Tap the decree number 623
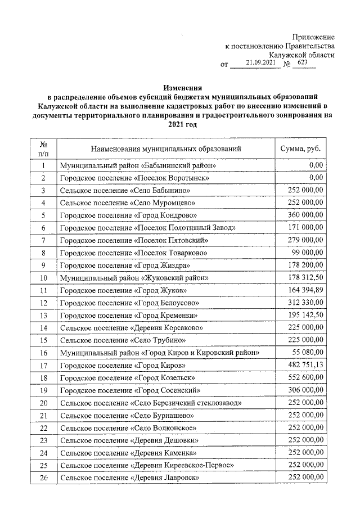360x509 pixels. coord(303,64)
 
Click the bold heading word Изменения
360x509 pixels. coord(183,88)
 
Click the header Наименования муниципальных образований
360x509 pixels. coord(168,149)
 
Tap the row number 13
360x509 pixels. coord(43,315)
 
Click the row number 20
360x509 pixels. coord(43,403)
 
